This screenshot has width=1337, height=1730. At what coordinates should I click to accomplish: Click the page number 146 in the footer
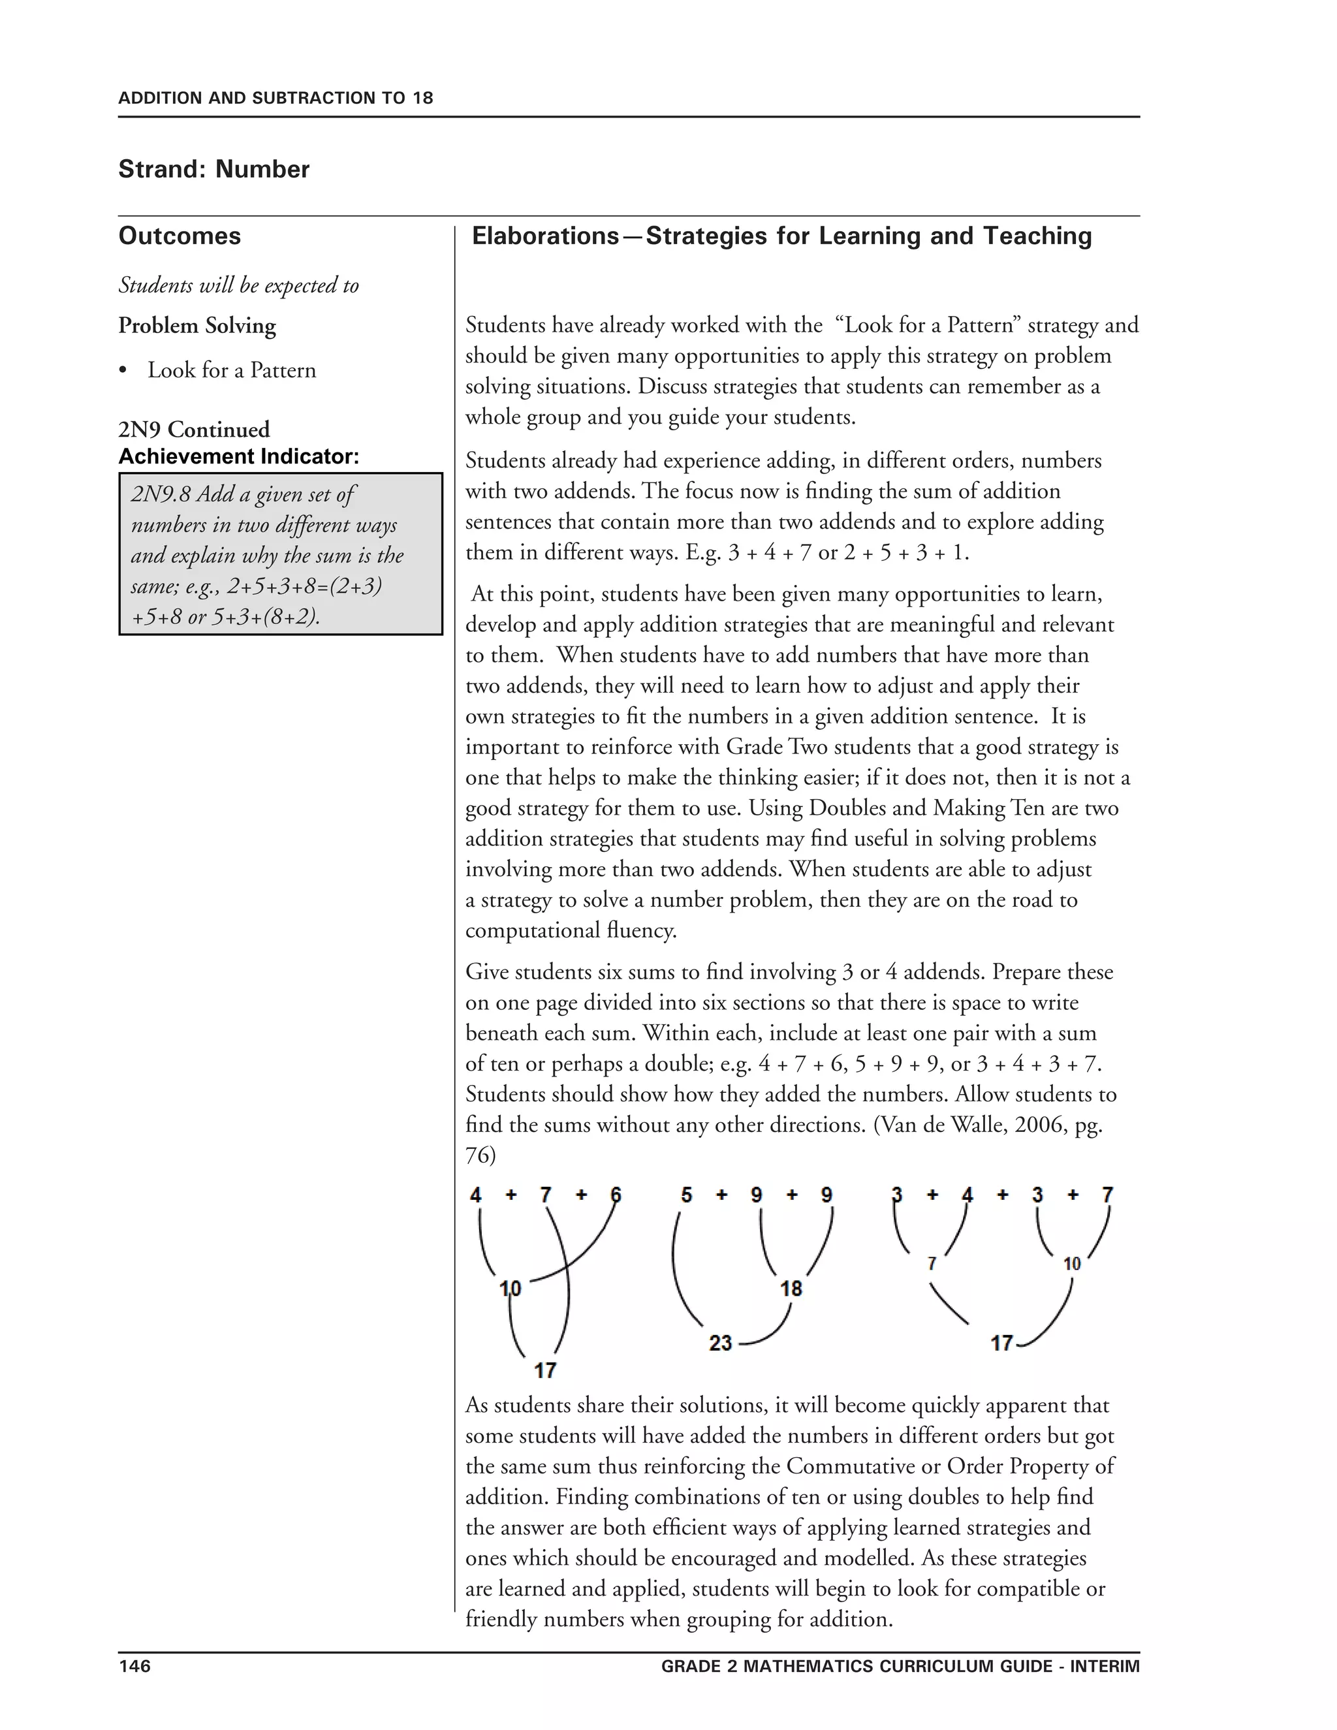(134, 1666)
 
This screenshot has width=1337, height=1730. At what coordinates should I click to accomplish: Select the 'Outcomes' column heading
(180, 236)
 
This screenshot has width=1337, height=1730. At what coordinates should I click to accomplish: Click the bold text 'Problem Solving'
(197, 326)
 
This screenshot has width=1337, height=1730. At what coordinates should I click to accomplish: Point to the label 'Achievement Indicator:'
(238, 456)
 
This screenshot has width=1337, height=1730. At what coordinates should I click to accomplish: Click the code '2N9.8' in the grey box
(160, 494)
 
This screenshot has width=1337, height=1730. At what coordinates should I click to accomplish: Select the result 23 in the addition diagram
(720, 1343)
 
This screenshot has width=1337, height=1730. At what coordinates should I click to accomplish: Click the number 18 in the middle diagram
(791, 1289)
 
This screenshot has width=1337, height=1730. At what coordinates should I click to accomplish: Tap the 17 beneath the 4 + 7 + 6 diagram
(545, 1370)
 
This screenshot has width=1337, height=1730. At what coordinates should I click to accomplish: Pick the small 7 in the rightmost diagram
(932, 1263)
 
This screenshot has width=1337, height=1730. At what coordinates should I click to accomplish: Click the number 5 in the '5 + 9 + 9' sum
(686, 1195)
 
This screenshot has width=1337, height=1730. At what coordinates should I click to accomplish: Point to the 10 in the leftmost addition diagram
(510, 1289)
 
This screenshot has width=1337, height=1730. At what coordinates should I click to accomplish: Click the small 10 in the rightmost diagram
(1072, 1263)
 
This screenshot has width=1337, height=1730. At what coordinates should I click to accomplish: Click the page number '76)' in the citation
(480, 1156)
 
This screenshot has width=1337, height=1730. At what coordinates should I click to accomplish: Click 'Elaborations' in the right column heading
(545, 236)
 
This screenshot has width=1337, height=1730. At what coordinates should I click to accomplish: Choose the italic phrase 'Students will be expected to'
(238, 285)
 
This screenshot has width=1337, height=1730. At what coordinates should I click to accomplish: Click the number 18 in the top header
(422, 98)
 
